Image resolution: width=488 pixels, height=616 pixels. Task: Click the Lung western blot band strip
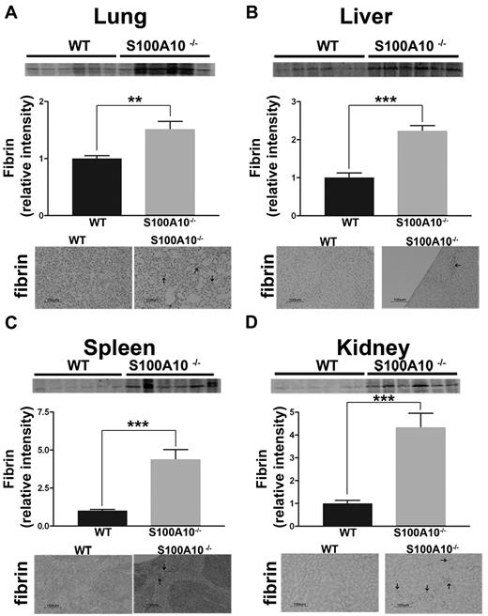[126, 69]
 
